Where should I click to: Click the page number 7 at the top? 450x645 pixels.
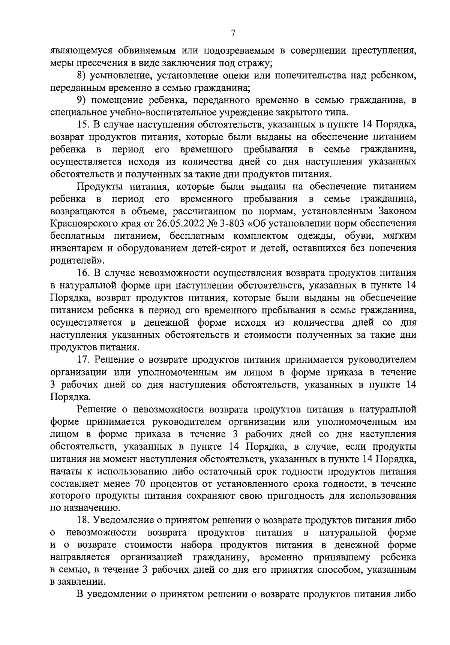click(233, 33)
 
